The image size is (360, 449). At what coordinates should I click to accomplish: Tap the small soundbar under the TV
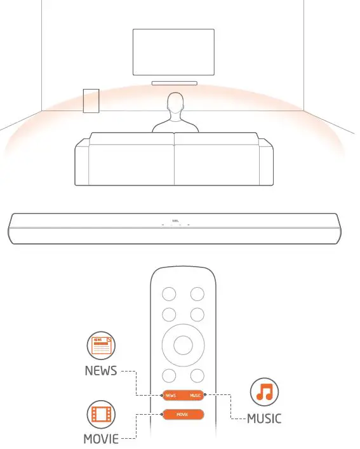point(175,83)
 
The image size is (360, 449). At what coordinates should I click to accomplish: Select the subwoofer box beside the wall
point(91,100)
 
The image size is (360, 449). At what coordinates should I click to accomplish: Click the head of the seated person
point(175,103)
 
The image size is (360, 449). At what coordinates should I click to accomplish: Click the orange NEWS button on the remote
point(171,395)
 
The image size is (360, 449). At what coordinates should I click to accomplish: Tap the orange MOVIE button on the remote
point(183,414)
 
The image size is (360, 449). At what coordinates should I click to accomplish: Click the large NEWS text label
point(101,371)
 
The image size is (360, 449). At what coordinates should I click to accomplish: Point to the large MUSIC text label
point(263,419)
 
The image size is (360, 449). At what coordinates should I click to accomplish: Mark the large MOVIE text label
point(101,439)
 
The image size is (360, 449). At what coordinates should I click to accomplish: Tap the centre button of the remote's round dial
point(183,345)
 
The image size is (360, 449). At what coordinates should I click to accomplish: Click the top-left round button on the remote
point(169,293)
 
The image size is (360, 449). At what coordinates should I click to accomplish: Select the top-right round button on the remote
point(197,293)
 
